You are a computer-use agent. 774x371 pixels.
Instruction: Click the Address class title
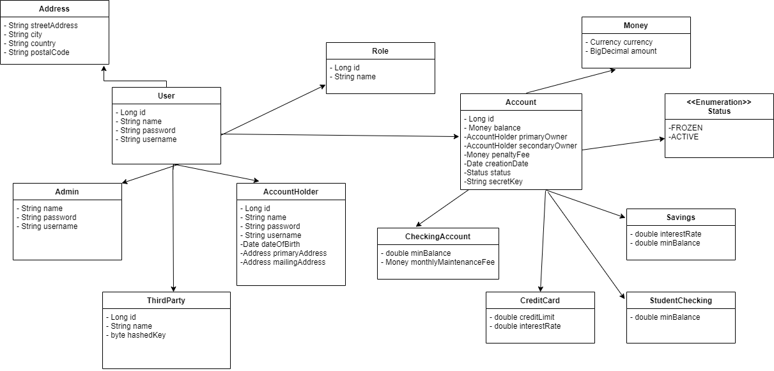coord(54,9)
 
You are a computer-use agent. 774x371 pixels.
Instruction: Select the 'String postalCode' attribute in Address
coord(37,52)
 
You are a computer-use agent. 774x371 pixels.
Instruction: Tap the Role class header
coord(380,51)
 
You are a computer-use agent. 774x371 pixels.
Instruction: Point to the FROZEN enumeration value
coord(685,128)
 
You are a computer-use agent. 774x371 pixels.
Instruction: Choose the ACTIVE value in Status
coord(683,137)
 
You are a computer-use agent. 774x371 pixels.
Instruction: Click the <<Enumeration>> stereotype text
coord(719,102)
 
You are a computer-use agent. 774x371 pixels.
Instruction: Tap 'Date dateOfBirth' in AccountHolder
coord(270,244)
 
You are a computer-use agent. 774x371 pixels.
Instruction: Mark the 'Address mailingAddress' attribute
coord(283,262)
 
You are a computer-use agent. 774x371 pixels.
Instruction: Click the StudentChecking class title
coord(681,301)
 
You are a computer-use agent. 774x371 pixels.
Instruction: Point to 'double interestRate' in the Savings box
coord(665,234)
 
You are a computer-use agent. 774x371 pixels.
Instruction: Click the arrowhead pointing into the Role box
coord(323,86)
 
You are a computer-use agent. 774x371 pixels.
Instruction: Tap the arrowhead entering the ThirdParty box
coord(173,288)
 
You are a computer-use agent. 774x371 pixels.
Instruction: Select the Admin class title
coord(67,192)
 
